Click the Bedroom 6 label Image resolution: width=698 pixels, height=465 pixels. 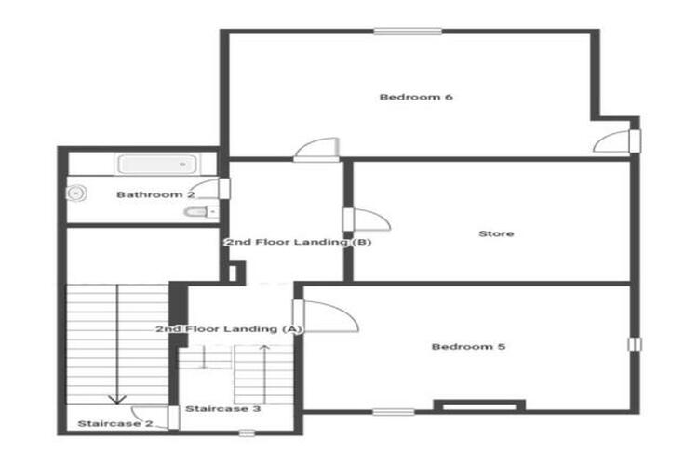[x=416, y=97]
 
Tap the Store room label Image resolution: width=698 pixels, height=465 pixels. [x=496, y=233]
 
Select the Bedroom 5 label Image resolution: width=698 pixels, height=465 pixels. [x=468, y=346]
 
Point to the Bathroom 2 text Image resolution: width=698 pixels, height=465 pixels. [x=155, y=194]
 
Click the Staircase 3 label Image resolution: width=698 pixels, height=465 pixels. [x=222, y=408]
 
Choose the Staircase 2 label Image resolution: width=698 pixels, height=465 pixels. [x=114, y=423]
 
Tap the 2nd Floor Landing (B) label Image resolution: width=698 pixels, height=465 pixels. [x=298, y=242]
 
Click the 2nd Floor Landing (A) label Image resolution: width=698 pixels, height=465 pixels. [x=229, y=329]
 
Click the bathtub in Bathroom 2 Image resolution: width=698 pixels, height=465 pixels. [x=156, y=164]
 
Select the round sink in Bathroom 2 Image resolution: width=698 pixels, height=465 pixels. [x=76, y=193]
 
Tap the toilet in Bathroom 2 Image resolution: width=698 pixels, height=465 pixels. [x=201, y=212]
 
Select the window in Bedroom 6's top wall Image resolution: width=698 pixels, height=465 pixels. [x=408, y=31]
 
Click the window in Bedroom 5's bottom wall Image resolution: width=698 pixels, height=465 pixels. [x=394, y=412]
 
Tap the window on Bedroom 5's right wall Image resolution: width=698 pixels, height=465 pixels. [x=635, y=344]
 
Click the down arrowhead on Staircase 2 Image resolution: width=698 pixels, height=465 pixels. [x=117, y=399]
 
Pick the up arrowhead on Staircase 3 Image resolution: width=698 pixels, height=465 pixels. [x=265, y=348]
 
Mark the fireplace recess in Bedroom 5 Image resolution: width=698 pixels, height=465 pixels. [x=479, y=405]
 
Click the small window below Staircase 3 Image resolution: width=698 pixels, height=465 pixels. [x=247, y=432]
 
